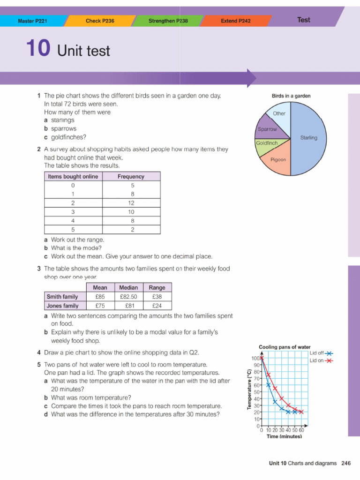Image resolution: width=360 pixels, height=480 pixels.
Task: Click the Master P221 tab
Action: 32,21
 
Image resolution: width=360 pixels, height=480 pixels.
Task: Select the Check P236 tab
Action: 100,21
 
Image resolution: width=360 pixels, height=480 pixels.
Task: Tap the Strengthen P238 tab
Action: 168,21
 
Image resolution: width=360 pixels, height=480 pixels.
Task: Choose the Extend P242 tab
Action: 235,21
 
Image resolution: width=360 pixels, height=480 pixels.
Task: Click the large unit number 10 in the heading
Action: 37,49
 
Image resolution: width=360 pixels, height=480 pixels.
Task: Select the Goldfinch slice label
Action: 267,142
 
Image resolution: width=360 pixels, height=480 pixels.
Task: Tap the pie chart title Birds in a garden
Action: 291,96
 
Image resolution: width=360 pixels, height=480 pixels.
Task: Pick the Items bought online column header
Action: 73,176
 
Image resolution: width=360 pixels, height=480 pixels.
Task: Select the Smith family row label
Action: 62,297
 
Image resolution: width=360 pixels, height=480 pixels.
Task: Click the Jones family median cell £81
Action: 128,306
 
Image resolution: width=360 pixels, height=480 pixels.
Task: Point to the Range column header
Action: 157,287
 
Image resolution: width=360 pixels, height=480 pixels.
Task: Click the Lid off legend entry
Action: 321,353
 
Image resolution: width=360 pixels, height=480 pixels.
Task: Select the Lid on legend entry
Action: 321,360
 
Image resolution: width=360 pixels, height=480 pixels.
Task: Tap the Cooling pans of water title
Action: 285,347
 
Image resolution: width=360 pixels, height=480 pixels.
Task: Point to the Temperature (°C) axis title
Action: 249,389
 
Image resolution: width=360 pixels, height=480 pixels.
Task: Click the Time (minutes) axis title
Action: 284,436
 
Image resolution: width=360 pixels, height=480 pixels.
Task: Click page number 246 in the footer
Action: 346,463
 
